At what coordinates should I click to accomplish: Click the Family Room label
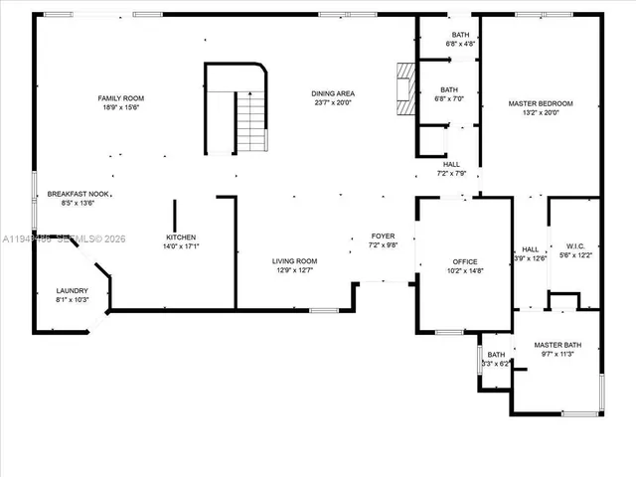tap(120, 98)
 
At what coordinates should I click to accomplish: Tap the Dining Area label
tap(334, 93)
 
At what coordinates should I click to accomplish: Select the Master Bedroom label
tap(541, 103)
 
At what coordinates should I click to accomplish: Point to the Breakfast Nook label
tap(78, 194)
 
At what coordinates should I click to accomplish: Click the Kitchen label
tap(181, 238)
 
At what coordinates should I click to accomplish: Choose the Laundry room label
tap(72, 290)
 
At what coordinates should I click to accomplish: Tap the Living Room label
tap(295, 260)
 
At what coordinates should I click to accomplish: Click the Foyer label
tap(383, 236)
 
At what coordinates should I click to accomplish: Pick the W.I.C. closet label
tap(576, 246)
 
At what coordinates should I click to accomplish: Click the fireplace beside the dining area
tap(402, 90)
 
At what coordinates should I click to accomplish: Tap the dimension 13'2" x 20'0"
tap(541, 112)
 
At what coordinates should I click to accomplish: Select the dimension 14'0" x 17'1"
tap(181, 246)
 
